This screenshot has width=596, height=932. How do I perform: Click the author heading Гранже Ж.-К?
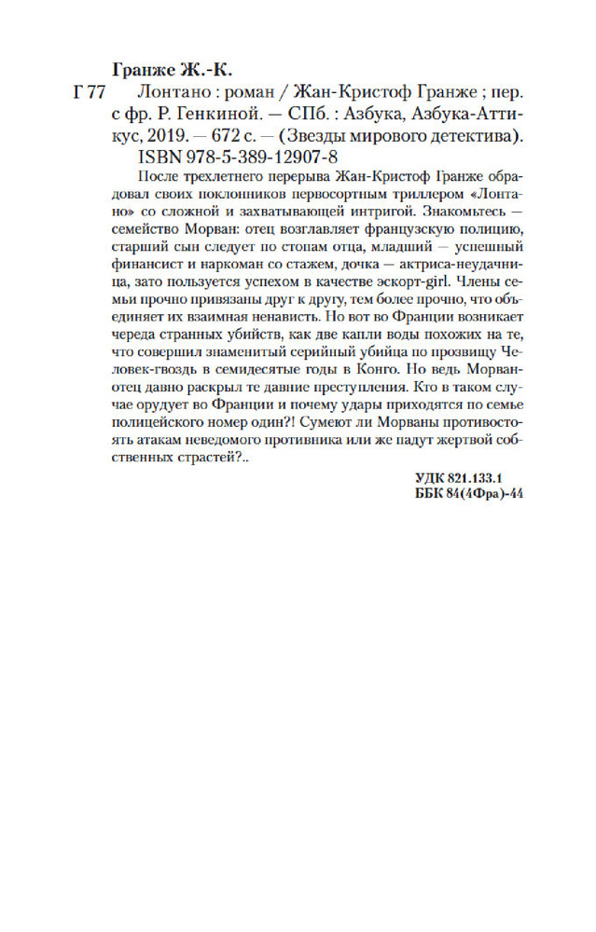[x=172, y=71]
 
